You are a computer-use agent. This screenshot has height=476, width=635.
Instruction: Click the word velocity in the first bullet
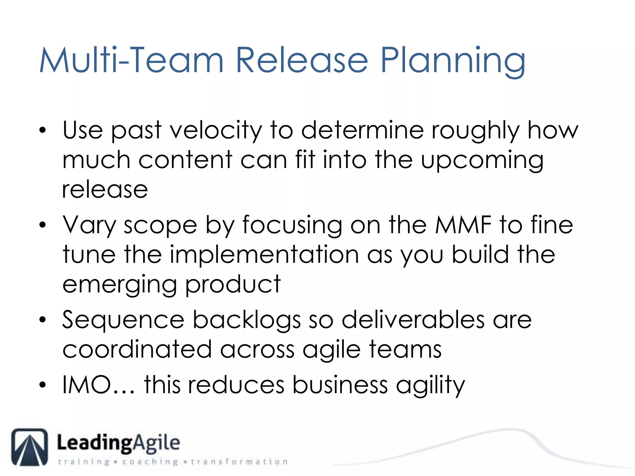coord(216,130)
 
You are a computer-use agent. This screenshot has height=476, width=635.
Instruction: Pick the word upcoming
coord(482,161)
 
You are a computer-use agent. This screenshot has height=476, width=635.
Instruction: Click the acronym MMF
coord(463,225)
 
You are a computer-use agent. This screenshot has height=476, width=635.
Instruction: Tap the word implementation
coord(264,254)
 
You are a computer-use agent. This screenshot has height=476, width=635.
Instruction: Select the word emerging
coord(120,284)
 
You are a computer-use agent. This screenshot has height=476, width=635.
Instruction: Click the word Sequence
coord(123,320)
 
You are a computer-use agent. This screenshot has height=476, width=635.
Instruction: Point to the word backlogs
coord(247,320)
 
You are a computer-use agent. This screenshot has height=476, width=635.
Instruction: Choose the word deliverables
coord(413,320)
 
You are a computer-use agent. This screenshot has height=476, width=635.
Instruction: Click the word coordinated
coord(137,350)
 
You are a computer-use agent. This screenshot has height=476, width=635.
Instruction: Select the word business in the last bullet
coord(340,385)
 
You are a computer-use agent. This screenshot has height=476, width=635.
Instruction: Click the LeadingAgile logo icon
coord(30,447)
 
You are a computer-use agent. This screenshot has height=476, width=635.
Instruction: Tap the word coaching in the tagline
coord(150,462)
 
